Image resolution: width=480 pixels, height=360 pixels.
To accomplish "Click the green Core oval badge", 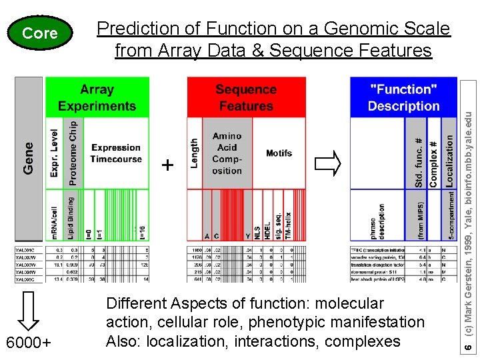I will [40, 33].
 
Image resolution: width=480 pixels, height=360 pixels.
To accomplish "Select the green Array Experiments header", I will [97, 97].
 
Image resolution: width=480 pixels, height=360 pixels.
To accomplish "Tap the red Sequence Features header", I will [246, 97].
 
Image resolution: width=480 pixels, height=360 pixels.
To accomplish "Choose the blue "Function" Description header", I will [403, 97].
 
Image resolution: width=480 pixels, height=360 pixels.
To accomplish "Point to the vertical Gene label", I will [29, 158].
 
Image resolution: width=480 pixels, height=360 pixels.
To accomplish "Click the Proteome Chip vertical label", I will [72, 153].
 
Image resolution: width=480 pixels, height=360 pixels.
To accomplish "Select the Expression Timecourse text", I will [117, 153].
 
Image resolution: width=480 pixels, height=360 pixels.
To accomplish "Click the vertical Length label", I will [195, 153].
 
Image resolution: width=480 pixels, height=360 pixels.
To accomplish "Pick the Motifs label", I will [279, 153].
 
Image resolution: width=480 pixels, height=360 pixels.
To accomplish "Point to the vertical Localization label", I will [449, 161].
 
